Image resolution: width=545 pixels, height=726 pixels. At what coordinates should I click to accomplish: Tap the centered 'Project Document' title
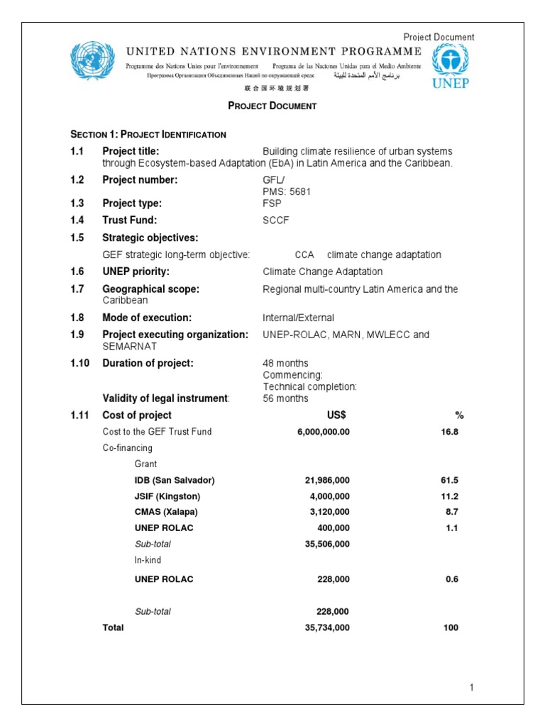(272, 106)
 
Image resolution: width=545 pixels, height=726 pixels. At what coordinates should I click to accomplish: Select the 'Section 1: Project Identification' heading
(148, 135)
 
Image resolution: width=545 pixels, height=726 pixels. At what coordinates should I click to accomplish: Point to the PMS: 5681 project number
(287, 191)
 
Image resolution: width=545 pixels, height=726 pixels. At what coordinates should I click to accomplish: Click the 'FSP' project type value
(272, 203)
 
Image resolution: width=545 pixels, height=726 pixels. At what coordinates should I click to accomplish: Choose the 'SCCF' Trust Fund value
(276, 220)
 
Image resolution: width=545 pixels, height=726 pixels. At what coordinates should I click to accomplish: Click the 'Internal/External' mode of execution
(298, 318)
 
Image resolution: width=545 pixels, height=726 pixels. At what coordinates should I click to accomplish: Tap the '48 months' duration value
(285, 364)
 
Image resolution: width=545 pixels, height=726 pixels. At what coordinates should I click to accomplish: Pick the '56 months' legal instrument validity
(285, 398)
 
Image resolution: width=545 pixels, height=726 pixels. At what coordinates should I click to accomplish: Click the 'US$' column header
(334, 415)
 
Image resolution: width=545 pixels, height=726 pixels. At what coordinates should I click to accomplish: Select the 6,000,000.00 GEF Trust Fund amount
(323, 432)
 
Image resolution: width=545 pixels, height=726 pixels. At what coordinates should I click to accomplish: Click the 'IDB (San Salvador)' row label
(175, 480)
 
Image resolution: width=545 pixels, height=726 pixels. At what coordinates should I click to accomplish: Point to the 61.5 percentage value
(449, 480)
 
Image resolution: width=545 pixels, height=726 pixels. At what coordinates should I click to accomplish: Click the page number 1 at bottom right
(470, 688)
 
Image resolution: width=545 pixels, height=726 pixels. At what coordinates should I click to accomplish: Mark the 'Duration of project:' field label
(148, 364)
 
